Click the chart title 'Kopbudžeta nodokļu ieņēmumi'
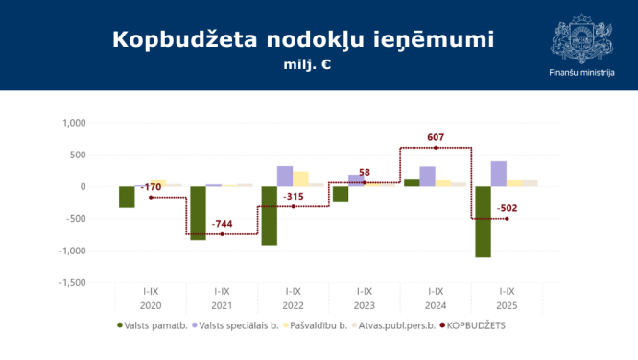pos(303,39)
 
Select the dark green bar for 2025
pos(484,222)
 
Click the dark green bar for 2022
pos(270,215)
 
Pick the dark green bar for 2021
pos(198,213)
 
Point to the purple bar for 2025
pos(499,174)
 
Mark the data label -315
pos(293,197)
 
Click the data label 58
pos(364,173)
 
